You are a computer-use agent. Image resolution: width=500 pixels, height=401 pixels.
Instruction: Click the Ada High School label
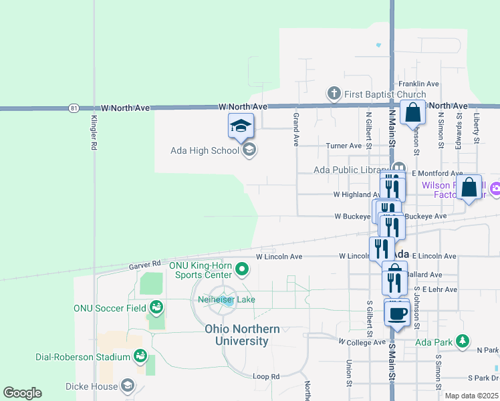(205, 150)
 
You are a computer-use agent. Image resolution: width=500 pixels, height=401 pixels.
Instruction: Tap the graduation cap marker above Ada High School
(241, 126)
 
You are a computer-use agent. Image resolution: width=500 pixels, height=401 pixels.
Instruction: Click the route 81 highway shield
(74, 108)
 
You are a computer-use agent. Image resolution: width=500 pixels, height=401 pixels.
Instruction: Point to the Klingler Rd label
(94, 133)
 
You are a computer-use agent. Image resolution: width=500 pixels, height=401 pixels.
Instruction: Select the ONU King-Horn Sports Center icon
(243, 270)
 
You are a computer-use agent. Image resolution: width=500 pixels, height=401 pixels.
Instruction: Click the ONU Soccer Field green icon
(156, 307)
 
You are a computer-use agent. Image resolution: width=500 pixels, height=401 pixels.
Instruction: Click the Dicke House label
(92, 386)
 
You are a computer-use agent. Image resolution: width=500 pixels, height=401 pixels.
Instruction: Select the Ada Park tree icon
(462, 342)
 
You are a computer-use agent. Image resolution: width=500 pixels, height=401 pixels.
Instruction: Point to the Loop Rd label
(266, 376)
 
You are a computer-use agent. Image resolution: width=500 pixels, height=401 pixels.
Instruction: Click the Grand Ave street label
(295, 129)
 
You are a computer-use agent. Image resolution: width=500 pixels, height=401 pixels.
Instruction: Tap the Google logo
(22, 393)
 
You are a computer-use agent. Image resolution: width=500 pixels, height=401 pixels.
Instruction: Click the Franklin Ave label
(418, 84)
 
